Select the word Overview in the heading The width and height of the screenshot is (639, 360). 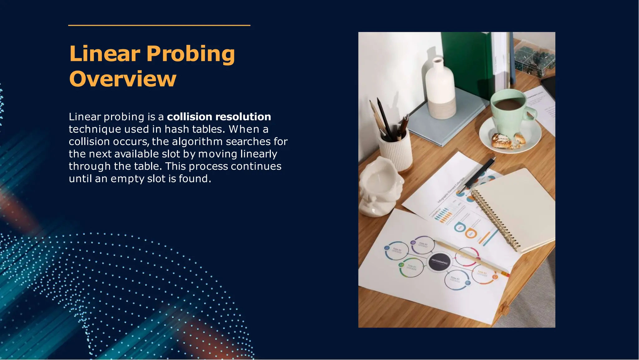click(x=123, y=79)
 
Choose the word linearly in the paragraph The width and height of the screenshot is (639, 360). click(x=259, y=154)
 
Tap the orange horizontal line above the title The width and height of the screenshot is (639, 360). click(x=159, y=25)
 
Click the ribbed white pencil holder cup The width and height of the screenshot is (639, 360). click(x=395, y=150)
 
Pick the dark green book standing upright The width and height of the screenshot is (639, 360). click(x=468, y=62)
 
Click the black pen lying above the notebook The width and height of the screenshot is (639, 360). click(x=479, y=173)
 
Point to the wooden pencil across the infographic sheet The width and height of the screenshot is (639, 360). click(x=471, y=258)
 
